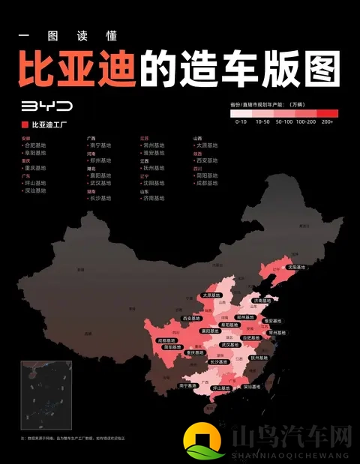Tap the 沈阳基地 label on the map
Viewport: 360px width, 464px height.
point(297,266)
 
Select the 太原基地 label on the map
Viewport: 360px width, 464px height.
point(211,296)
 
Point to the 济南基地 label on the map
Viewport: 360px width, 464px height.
point(263,300)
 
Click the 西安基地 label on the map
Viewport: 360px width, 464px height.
point(191,319)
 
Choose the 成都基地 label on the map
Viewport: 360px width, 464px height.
point(168,340)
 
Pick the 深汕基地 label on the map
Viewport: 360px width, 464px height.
point(251,387)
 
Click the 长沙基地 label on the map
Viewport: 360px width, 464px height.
point(219,362)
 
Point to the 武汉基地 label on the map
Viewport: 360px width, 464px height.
point(229,345)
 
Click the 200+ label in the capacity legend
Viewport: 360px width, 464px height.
point(327,121)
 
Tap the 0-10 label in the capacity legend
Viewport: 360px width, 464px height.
point(241,121)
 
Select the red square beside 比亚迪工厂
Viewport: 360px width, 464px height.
point(25,124)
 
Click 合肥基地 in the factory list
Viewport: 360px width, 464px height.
point(35,145)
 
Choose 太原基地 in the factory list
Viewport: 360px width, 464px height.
point(207,145)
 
